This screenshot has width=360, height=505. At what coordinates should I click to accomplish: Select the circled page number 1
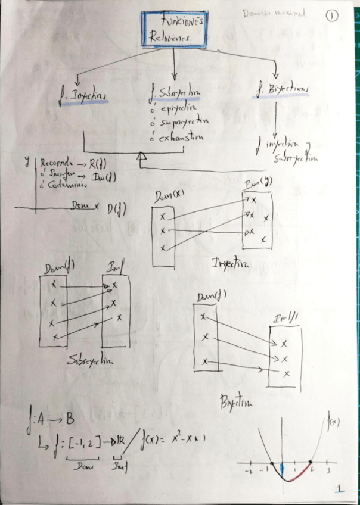[x=332, y=16]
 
